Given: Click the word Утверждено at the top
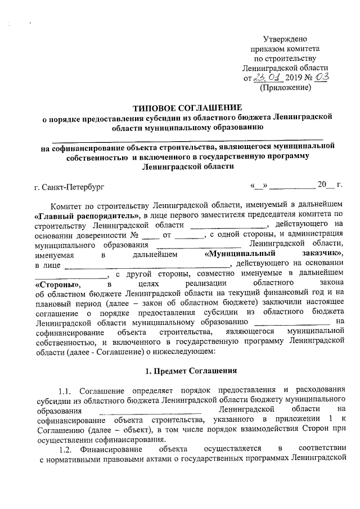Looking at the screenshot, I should (x=285, y=39).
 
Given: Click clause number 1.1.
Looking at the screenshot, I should (x=66, y=391).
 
